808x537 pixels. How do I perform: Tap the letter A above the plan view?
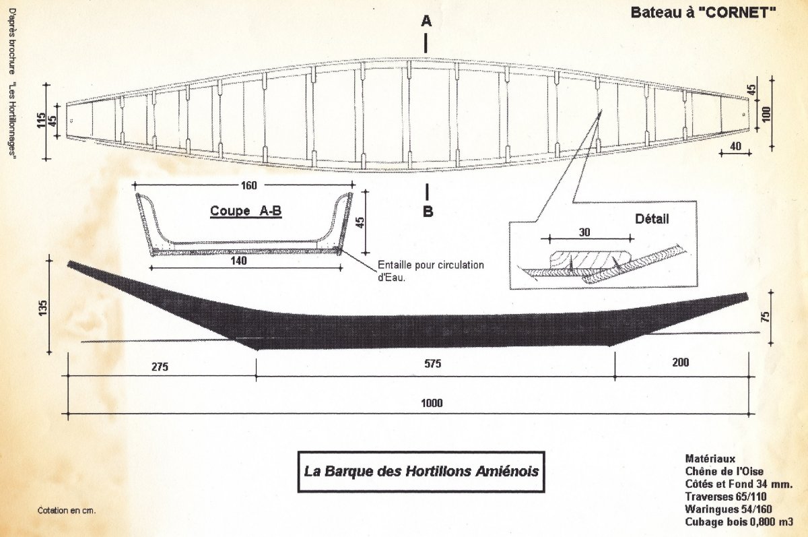pyautogui.click(x=426, y=22)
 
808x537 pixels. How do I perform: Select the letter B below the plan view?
pyautogui.click(x=428, y=212)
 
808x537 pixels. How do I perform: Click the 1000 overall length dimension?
pyautogui.click(x=432, y=403)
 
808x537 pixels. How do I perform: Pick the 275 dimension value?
pyautogui.click(x=160, y=367)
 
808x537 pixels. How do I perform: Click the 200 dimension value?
pyautogui.click(x=680, y=362)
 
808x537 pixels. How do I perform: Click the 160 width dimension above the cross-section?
pyautogui.click(x=248, y=185)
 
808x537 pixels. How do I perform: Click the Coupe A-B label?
pyautogui.click(x=246, y=211)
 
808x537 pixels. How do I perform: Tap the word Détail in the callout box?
pyautogui.click(x=652, y=219)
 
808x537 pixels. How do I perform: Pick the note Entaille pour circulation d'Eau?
pyautogui.click(x=431, y=271)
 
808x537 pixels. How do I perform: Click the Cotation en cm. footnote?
pyautogui.click(x=67, y=510)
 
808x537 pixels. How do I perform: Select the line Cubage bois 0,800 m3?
pyautogui.click(x=738, y=522)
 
